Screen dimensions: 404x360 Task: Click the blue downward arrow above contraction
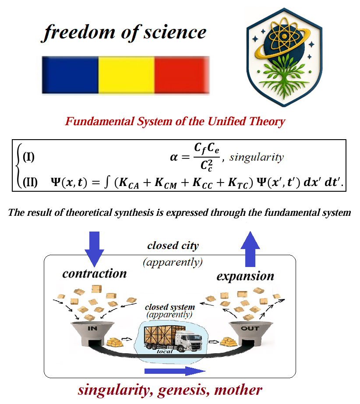(94, 248)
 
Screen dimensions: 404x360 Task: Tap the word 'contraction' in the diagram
(94, 274)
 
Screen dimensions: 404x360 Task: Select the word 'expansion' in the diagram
(245, 277)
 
